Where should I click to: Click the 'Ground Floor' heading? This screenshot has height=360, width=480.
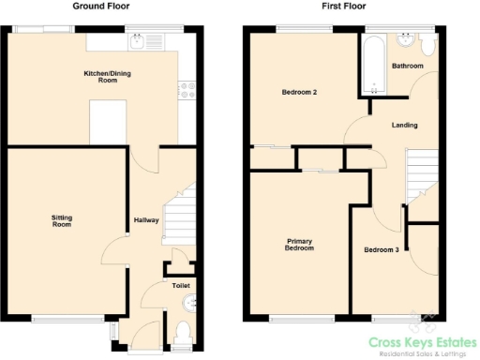(100, 6)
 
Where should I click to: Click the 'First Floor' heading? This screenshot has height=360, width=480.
(343, 6)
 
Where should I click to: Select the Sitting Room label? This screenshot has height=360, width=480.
(62, 221)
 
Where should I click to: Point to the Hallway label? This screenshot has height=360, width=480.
(145, 220)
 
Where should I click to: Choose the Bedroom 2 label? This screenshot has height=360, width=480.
(300, 93)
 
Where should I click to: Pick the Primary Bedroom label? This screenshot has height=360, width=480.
(299, 245)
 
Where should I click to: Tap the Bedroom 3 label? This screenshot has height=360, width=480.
(382, 249)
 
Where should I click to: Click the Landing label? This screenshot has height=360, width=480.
(405, 125)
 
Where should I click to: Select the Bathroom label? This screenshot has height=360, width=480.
(408, 67)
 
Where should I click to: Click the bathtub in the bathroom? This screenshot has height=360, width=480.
(374, 64)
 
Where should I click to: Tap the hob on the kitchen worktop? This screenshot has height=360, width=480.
(186, 92)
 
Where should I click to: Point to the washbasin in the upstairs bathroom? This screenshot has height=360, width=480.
(407, 41)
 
